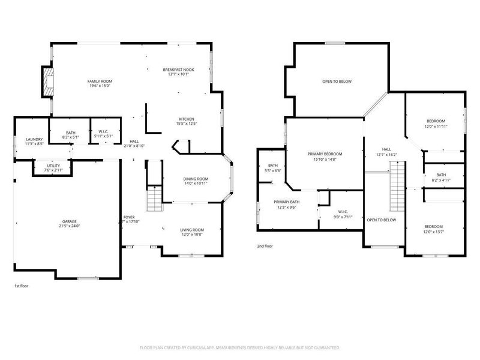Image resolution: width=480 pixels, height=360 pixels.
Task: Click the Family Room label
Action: (100, 81)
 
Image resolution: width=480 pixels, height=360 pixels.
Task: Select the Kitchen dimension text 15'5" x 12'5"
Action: (186, 124)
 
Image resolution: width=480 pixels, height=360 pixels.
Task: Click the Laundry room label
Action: (34, 139)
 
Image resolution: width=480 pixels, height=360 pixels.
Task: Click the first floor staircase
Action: (154, 197)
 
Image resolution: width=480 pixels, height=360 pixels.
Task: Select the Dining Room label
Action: (196, 179)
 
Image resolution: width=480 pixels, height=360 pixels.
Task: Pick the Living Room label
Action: (192, 230)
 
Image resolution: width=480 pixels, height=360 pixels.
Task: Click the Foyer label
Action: (129, 217)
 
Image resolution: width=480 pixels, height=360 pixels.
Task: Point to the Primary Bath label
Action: (286, 202)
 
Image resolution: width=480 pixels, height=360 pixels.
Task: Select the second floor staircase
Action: (396, 187)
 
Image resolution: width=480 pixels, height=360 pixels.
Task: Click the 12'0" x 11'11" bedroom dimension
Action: (435, 126)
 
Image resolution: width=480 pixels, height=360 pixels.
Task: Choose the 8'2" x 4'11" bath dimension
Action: (441, 180)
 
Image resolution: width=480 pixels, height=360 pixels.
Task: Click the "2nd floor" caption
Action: (265, 247)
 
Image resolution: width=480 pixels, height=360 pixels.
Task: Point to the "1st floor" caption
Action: (22, 286)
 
